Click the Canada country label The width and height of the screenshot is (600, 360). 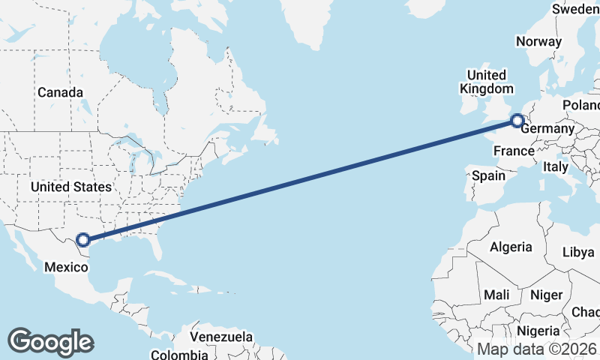(x=60, y=92)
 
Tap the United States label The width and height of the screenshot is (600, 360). (x=71, y=187)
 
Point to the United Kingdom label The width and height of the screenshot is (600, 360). (x=486, y=82)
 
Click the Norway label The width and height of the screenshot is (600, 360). (x=538, y=42)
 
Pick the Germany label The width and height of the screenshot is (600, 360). (x=547, y=130)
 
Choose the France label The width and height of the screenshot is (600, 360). (x=514, y=151)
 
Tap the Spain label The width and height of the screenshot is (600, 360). (x=488, y=176)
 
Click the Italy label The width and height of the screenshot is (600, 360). (x=556, y=167)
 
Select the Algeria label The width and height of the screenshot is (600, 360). (x=511, y=247)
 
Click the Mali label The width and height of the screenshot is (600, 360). (x=497, y=295)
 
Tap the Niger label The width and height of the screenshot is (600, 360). (x=545, y=295)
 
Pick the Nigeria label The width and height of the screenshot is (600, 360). (x=538, y=331)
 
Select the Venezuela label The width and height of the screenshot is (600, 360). (x=221, y=337)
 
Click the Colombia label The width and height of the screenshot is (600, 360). (x=179, y=354)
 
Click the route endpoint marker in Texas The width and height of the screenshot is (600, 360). (x=84, y=240)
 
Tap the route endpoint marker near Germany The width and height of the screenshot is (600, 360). (x=517, y=120)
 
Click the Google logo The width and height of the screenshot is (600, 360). (x=50, y=341)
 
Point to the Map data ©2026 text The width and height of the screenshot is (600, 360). (x=536, y=349)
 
